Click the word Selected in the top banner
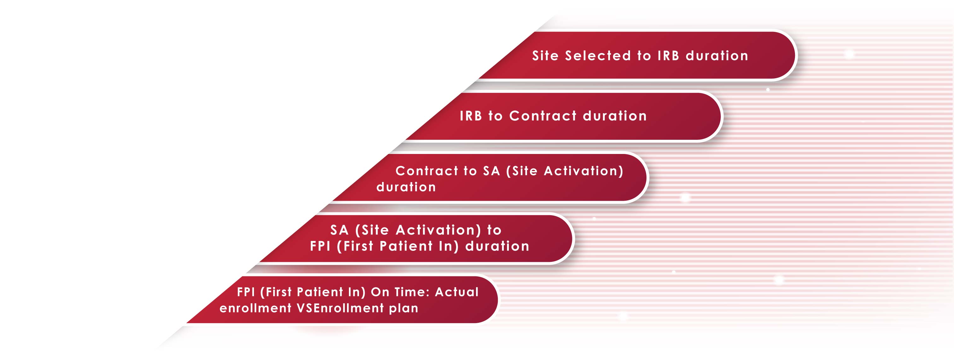tap(598, 56)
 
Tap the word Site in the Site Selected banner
tap(545, 56)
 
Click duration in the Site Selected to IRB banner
tap(717, 56)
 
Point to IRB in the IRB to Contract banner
tap(471, 116)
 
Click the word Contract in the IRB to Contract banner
tap(543, 116)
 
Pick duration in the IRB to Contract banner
tap(615, 116)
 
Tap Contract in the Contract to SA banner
tap(427, 171)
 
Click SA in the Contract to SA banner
tap(492, 171)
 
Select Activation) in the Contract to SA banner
tap(584, 171)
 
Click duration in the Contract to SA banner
tap(406, 187)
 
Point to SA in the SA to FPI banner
tap(339, 230)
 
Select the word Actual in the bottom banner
tap(456, 292)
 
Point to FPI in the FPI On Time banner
tap(246, 292)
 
